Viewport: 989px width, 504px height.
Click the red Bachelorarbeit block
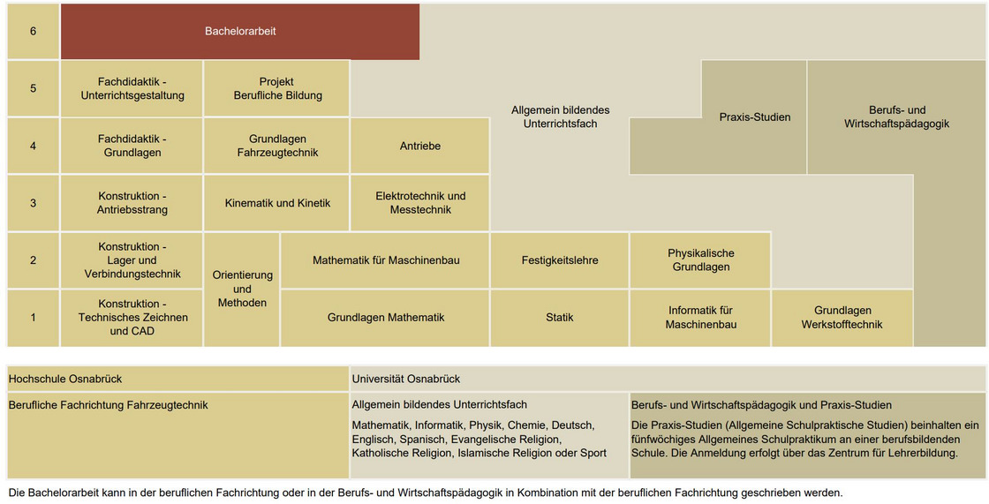[240, 32]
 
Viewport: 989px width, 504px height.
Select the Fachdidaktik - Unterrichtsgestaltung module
[132, 88]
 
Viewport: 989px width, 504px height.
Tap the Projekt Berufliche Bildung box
[277, 88]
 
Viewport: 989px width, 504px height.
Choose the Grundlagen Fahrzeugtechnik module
[277, 146]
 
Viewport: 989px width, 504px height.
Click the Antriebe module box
[420, 146]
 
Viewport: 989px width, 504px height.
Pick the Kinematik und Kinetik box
[277, 203]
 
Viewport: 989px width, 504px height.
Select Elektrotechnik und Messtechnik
[420, 203]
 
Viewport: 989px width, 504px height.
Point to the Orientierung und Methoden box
[242, 289]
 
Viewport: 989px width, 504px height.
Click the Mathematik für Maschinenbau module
[386, 260]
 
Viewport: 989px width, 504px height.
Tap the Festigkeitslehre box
[560, 260]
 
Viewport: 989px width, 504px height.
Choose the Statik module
[560, 318]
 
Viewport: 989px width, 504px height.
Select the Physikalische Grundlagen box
[700, 260]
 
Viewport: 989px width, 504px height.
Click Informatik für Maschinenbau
[700, 318]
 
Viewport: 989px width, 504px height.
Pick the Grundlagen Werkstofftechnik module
[842, 318]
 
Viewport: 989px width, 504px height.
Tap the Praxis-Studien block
[754, 117]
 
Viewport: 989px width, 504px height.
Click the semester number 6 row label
[34, 32]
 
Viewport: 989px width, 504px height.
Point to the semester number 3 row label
[34, 203]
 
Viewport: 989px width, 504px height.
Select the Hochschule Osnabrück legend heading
[65, 379]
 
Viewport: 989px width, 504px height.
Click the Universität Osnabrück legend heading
[406, 379]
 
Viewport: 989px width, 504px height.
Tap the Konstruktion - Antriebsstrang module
[132, 203]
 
